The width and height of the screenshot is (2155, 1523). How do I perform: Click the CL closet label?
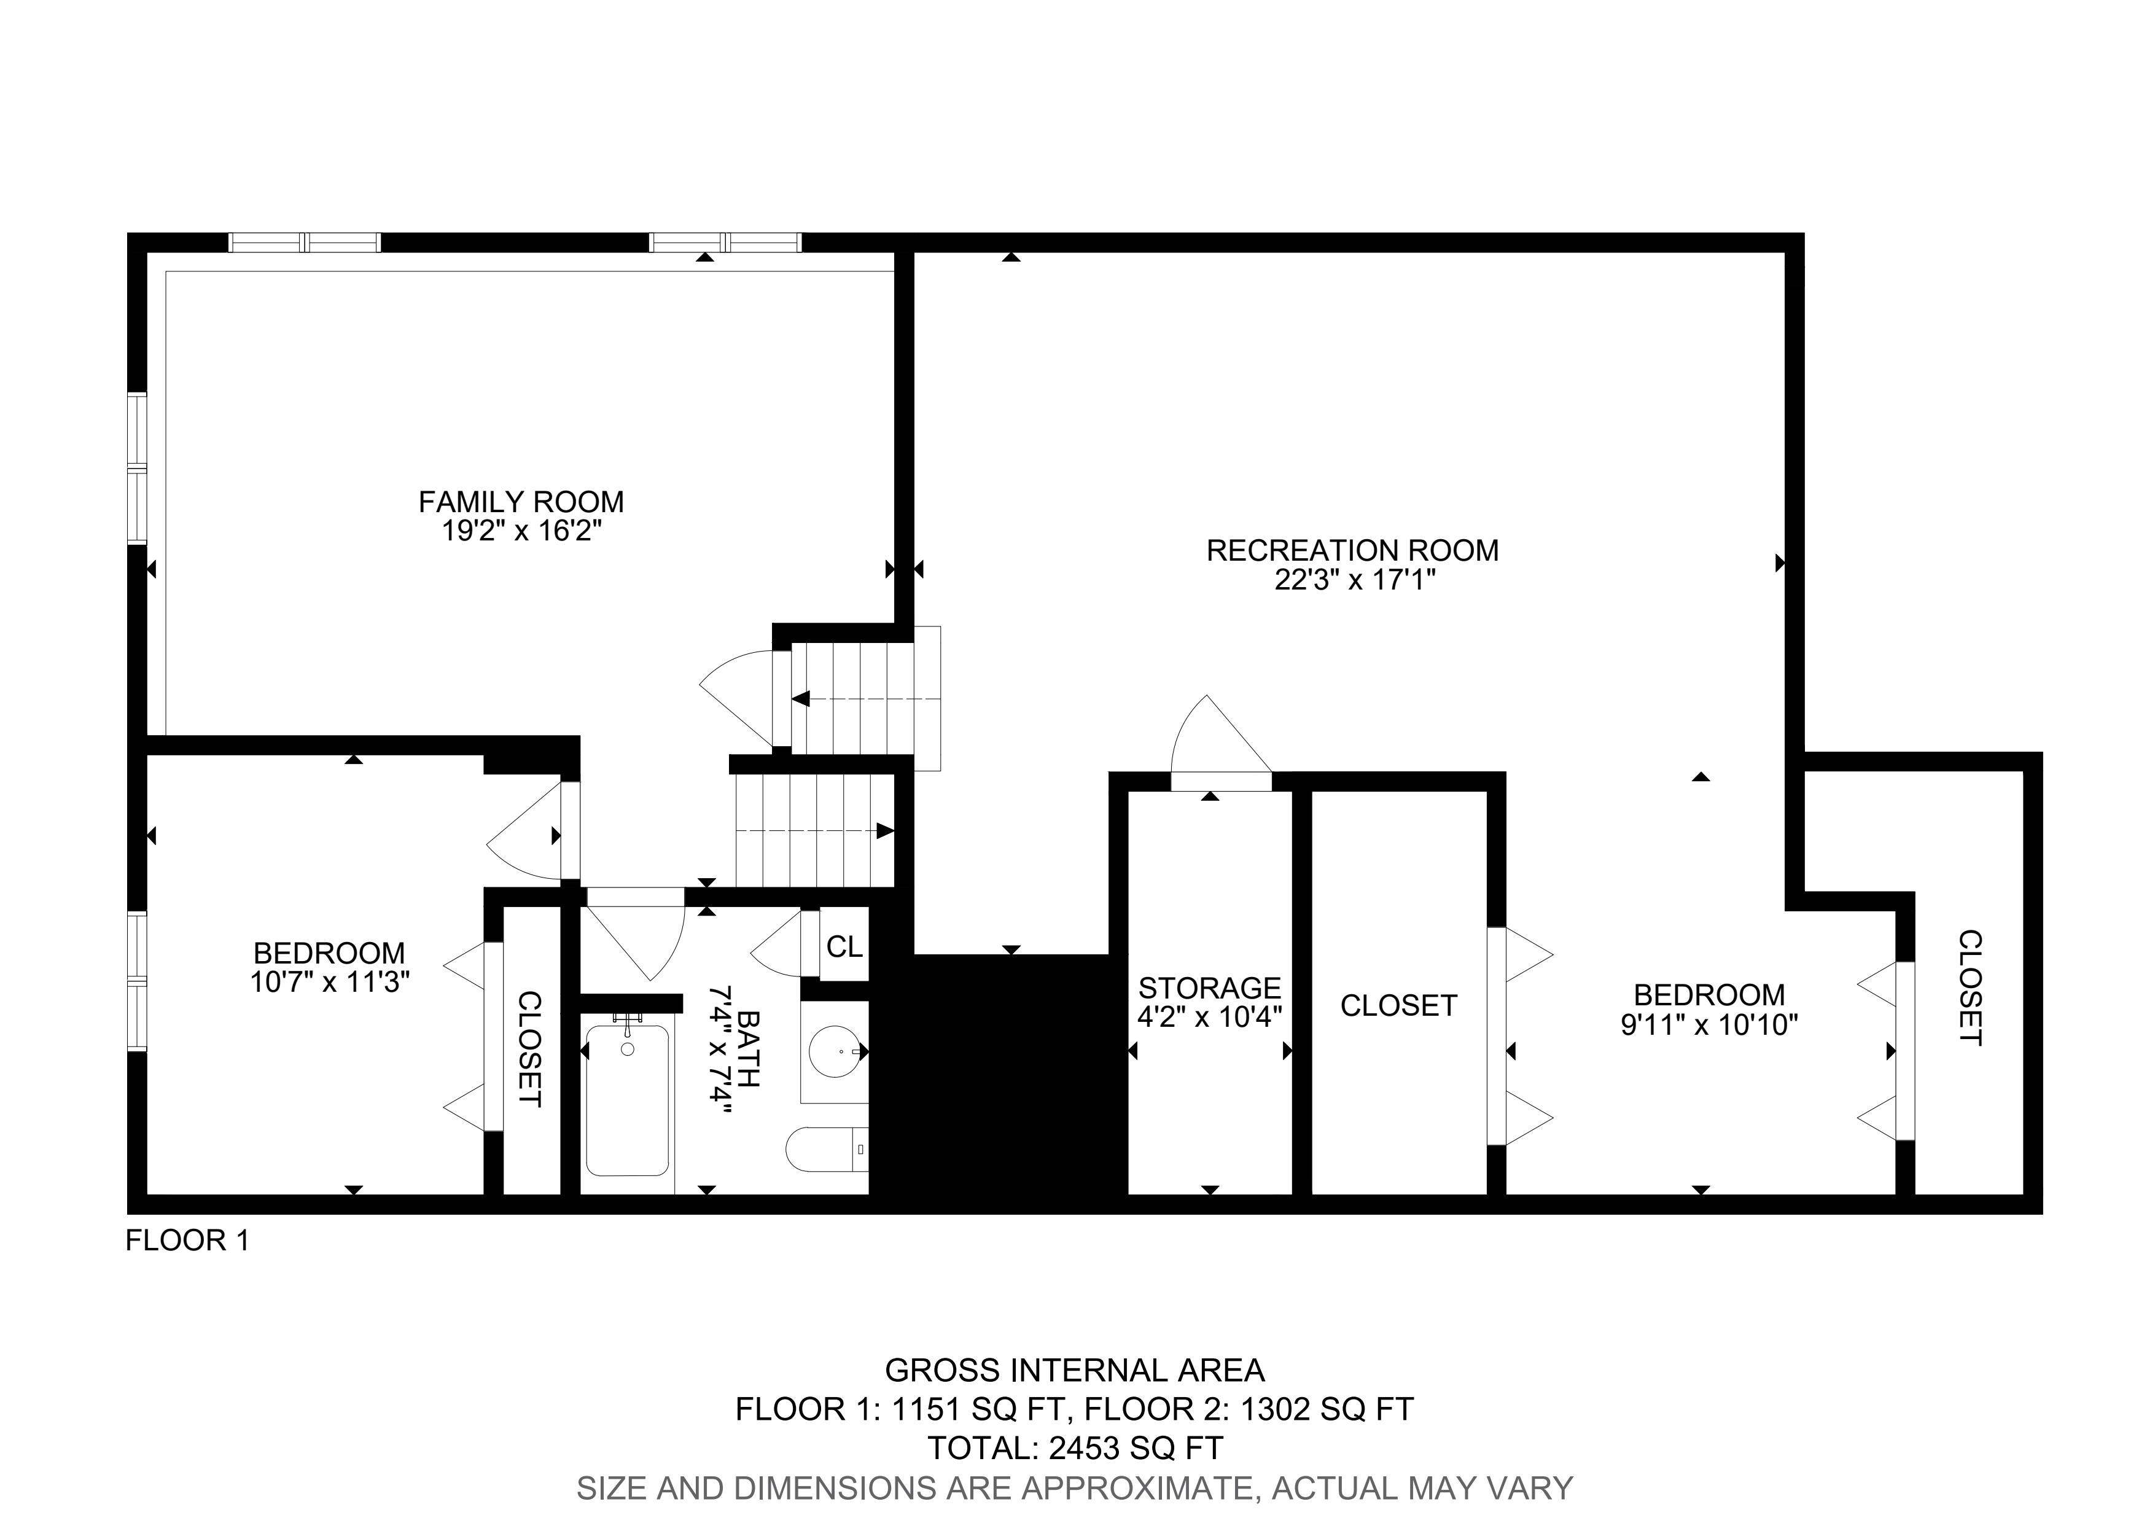[x=844, y=948]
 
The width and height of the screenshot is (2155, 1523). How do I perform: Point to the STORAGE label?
[x=1210, y=988]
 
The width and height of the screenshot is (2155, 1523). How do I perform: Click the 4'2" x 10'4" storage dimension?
[x=1210, y=1017]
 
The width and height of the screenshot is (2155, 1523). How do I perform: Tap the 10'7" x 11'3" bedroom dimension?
[x=330, y=983]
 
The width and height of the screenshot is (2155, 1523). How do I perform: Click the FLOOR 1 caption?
[x=188, y=1241]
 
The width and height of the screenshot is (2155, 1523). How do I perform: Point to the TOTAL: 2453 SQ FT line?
[x=1075, y=1448]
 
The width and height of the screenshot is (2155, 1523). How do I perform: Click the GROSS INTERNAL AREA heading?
[x=1075, y=1371]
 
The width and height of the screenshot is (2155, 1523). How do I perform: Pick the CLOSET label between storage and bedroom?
[x=1398, y=1006]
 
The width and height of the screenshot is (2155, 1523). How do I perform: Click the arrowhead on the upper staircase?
[x=801, y=699]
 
